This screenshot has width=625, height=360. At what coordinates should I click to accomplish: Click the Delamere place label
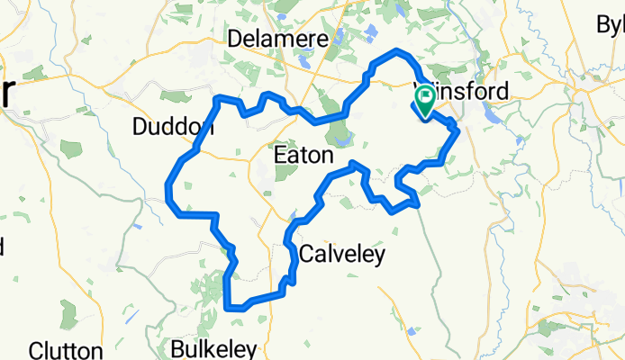click(272, 40)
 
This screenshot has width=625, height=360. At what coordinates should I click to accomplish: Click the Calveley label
click(341, 255)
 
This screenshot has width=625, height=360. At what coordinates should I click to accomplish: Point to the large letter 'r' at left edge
click(7, 92)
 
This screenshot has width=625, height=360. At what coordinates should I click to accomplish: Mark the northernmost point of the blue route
click(397, 49)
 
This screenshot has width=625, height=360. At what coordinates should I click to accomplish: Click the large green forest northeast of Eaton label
click(340, 136)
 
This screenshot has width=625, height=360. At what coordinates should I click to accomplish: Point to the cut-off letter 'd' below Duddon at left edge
click(3, 245)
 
